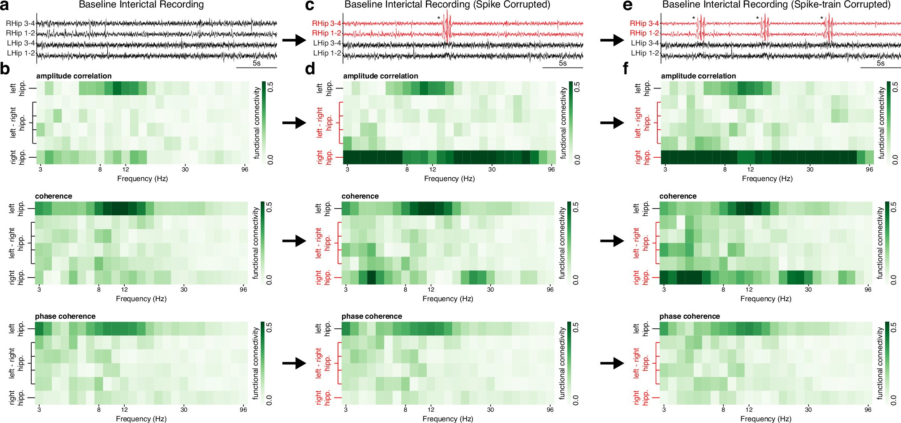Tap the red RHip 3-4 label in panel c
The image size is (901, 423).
click(x=327, y=23)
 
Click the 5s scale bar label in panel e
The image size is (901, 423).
click(x=880, y=63)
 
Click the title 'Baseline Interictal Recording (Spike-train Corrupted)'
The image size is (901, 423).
click(x=776, y=5)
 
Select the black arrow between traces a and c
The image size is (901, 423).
click(x=294, y=40)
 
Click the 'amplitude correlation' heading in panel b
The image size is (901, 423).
click(x=74, y=76)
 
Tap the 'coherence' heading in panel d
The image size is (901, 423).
click(x=360, y=196)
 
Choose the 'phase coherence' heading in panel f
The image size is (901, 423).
click(x=690, y=316)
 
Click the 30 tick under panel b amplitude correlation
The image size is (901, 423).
click(x=185, y=169)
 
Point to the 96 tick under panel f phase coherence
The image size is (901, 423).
click(x=868, y=410)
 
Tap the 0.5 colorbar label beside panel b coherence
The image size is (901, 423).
click(x=269, y=207)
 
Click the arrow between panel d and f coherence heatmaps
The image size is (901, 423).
click(x=612, y=241)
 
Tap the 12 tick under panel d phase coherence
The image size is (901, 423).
click(x=431, y=410)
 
